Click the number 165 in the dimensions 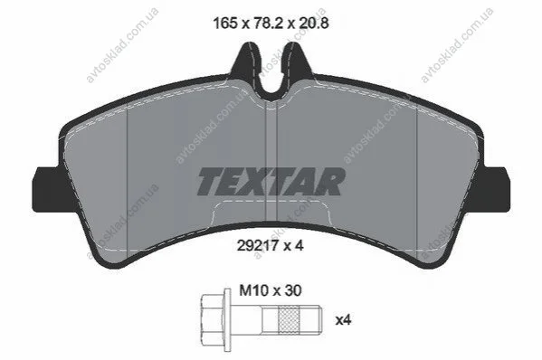coord(225,23)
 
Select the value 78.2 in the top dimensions coord(269,23)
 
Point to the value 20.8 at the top coord(314,23)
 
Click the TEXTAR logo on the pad coord(271,182)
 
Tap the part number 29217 coord(258,246)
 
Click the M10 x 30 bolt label coord(271,290)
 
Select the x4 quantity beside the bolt coord(344,320)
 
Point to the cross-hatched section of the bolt coord(290,320)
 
